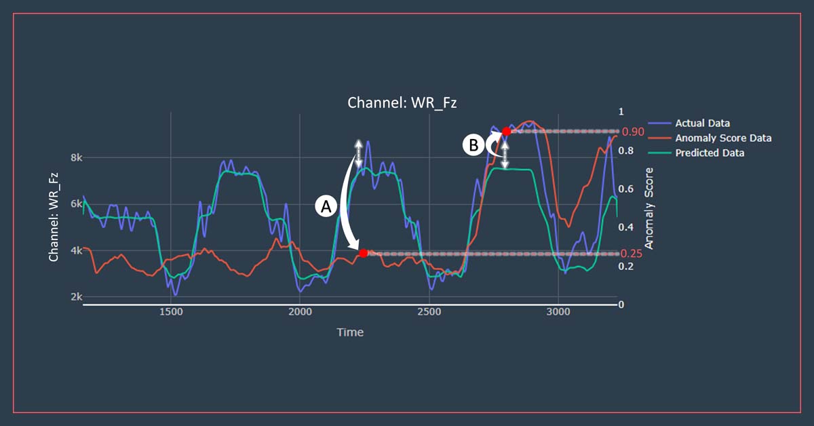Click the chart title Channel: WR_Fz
398,103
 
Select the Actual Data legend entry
702,123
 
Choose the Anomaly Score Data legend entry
723,138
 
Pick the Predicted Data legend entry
710,153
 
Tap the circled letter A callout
326,208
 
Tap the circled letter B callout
473,144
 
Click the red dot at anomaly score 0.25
363,253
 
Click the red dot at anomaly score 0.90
506,131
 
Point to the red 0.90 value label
633,132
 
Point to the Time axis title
350,332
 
